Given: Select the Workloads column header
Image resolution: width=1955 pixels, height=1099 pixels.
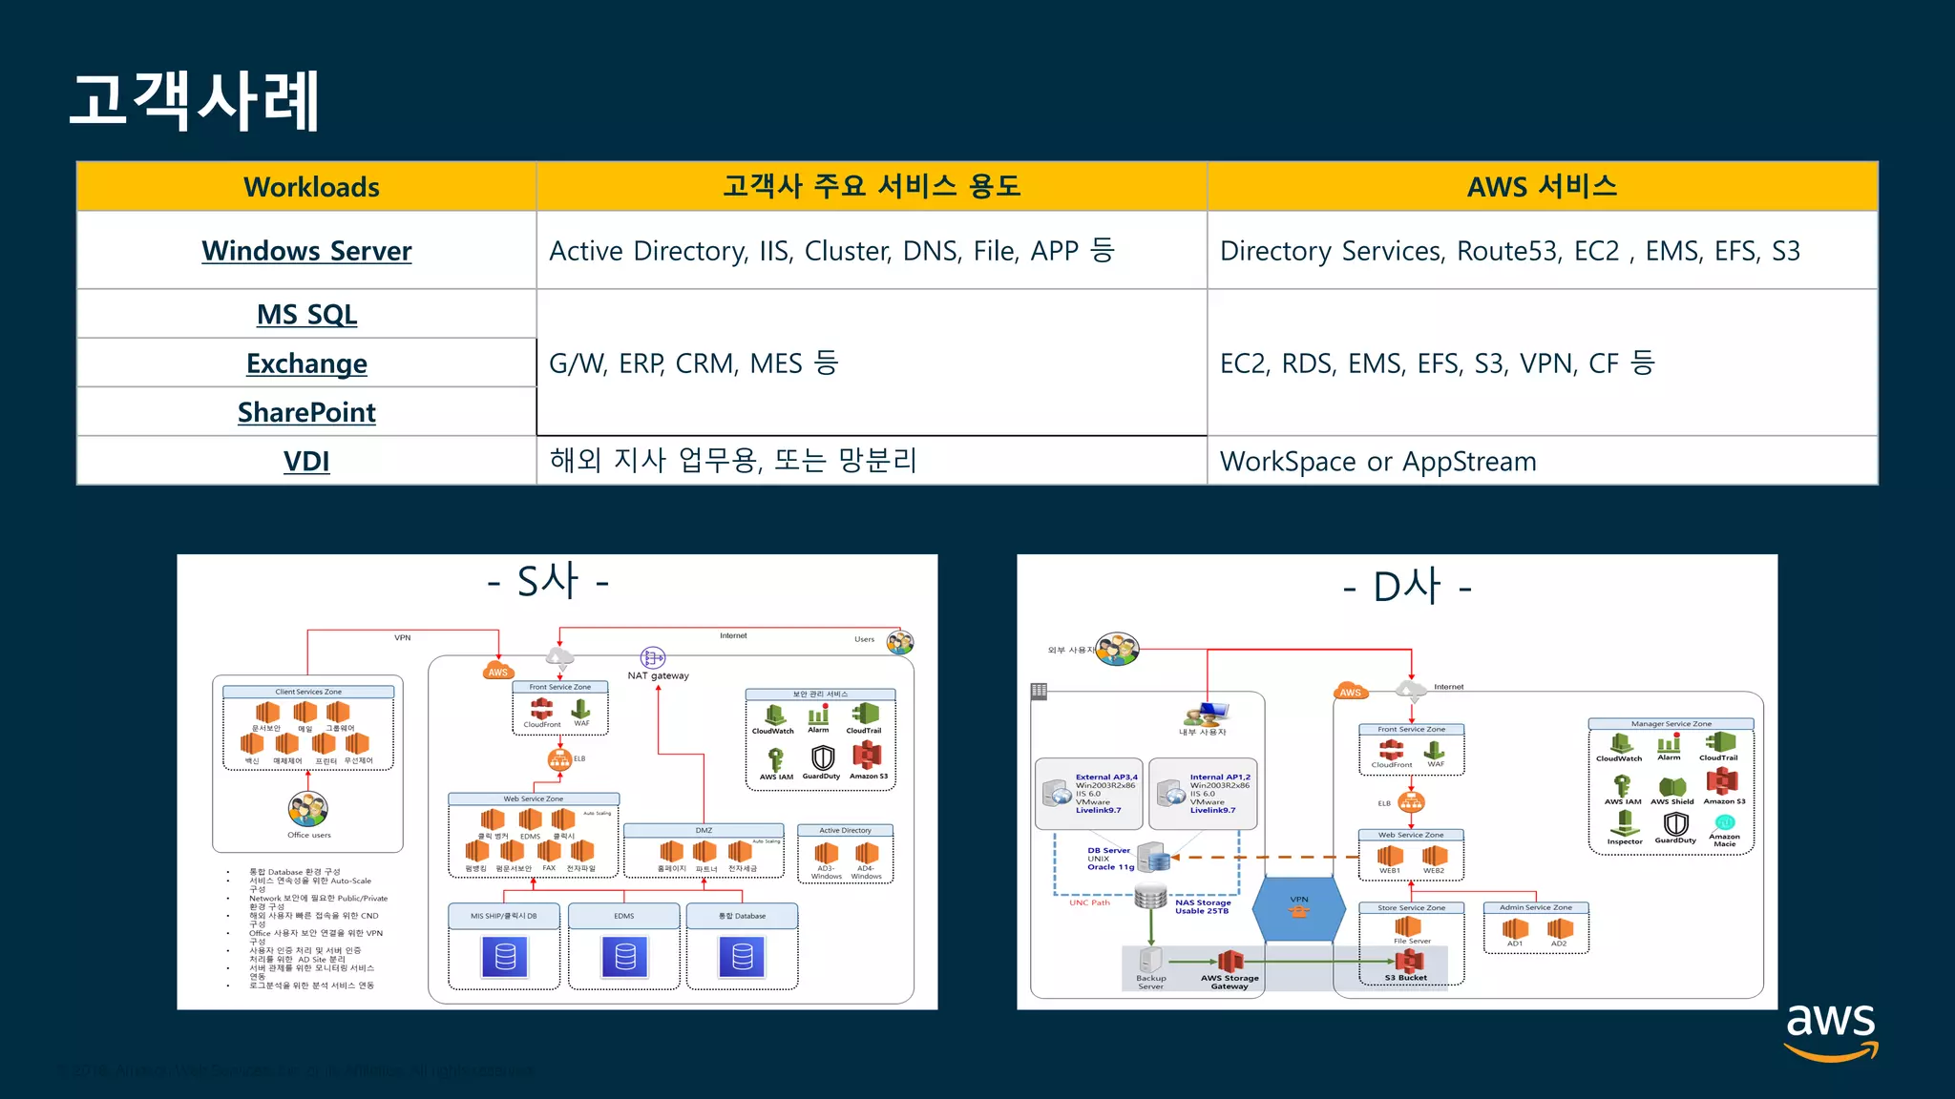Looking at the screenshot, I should coord(311,187).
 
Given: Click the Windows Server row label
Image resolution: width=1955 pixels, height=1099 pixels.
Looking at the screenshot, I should coord(306,251).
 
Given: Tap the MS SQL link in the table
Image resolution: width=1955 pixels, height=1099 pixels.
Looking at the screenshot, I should coord(306,314).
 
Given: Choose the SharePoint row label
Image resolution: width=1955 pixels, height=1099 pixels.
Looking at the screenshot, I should coord(306,412).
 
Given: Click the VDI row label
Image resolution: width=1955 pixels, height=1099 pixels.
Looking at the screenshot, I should coord(306,461).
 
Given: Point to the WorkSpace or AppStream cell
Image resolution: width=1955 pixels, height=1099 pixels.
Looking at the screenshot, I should coord(1377,462).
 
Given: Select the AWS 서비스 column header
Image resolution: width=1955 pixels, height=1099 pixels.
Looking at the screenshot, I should coord(1542,186).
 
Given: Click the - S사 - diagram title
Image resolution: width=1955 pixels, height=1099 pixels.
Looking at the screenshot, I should coord(548,581).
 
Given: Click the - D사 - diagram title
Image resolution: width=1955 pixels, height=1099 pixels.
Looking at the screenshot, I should coord(1406,587).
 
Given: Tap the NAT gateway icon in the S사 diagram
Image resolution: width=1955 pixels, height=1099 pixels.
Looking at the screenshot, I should coord(653,657).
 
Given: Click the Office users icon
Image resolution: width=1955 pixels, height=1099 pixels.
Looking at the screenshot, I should coord(308,809).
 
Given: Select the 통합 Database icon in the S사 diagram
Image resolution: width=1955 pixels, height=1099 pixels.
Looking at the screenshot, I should coord(742,957).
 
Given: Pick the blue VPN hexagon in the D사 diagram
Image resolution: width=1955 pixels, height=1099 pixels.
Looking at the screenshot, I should coord(1299,909).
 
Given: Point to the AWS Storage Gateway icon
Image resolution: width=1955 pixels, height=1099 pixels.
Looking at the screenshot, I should coord(1230,961).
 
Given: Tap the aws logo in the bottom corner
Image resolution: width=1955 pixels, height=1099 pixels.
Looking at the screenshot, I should coord(1830,1029).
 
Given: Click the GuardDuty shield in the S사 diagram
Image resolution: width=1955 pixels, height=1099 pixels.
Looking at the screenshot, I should coord(822,757).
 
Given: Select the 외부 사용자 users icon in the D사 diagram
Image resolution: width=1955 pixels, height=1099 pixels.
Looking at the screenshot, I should coord(1117,650).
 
